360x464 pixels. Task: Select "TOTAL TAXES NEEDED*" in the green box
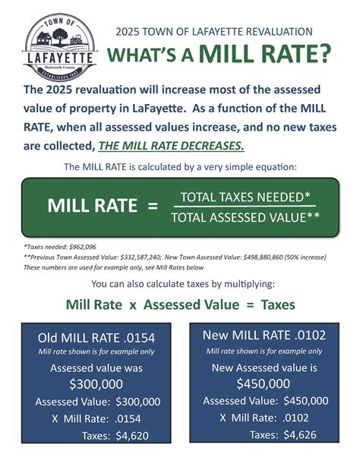point(245,197)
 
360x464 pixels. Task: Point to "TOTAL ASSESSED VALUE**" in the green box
point(245,218)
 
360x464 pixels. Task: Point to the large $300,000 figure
point(95,384)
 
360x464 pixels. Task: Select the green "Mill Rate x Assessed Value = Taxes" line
point(180,306)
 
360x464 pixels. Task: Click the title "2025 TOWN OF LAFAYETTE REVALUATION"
point(213,31)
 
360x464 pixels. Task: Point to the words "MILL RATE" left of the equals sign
point(92,206)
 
